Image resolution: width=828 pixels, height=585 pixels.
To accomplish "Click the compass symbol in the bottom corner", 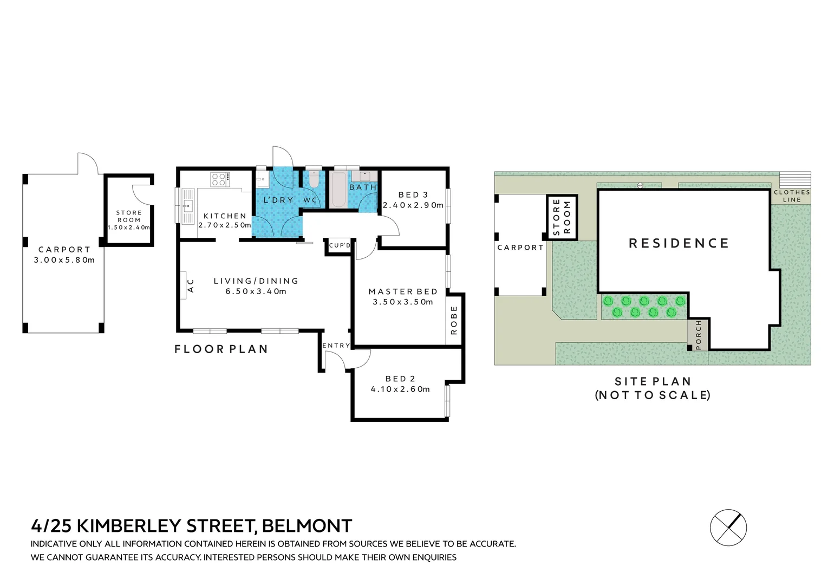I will (x=728, y=527).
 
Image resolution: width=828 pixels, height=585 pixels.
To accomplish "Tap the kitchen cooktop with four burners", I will (x=219, y=179).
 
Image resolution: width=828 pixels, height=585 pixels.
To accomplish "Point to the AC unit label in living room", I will (x=190, y=285).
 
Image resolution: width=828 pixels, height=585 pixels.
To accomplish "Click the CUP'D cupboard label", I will (x=340, y=245).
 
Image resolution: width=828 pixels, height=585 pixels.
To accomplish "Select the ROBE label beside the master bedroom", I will (x=454, y=320).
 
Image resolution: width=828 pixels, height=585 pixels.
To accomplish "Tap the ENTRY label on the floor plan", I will (x=336, y=346).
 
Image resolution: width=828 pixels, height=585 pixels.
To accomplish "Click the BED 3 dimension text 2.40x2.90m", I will (x=413, y=205).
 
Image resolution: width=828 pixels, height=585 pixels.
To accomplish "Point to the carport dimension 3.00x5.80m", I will (x=64, y=260).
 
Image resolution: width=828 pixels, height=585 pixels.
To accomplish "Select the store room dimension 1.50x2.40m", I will (x=129, y=227).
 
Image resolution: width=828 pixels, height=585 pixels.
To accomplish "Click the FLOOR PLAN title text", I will (x=221, y=349).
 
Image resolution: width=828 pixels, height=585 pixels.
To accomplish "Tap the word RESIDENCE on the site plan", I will (x=679, y=243).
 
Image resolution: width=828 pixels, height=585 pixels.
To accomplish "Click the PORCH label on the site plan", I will (x=698, y=335).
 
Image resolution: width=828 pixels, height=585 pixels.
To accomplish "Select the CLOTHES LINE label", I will (x=791, y=196).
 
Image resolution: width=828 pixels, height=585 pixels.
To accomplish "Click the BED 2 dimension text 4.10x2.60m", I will (x=400, y=389).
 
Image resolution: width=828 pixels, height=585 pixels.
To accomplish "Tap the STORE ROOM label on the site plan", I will (x=562, y=217).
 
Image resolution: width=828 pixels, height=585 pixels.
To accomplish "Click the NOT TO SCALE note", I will (x=653, y=395).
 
